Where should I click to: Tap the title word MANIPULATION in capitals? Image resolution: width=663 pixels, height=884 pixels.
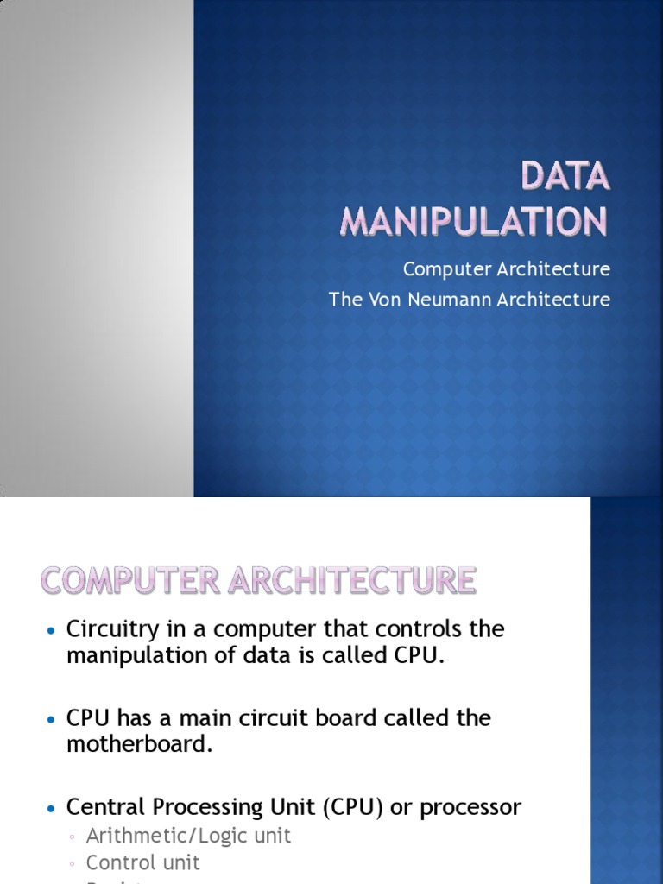pos(474,221)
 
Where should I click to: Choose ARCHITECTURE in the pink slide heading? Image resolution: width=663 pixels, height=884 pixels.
pos(351,580)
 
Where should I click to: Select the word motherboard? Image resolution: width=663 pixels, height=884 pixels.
pos(139,744)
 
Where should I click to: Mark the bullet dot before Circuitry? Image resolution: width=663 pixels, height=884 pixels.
pos(51,629)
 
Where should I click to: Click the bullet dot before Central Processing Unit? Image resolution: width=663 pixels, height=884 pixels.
pos(51,808)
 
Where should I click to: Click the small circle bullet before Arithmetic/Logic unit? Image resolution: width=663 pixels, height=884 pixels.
pos(73,837)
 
